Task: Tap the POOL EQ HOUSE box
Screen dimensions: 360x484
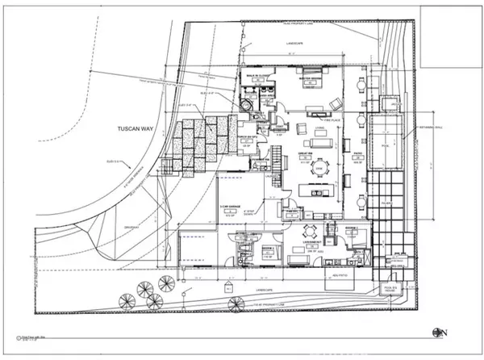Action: [393, 287]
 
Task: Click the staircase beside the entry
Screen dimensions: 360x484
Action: [274, 153]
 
